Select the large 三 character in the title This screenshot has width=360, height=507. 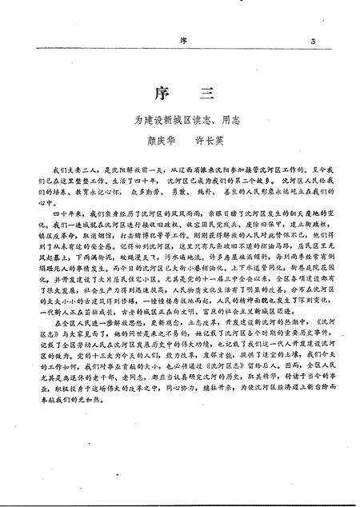pyautogui.click(x=204, y=94)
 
